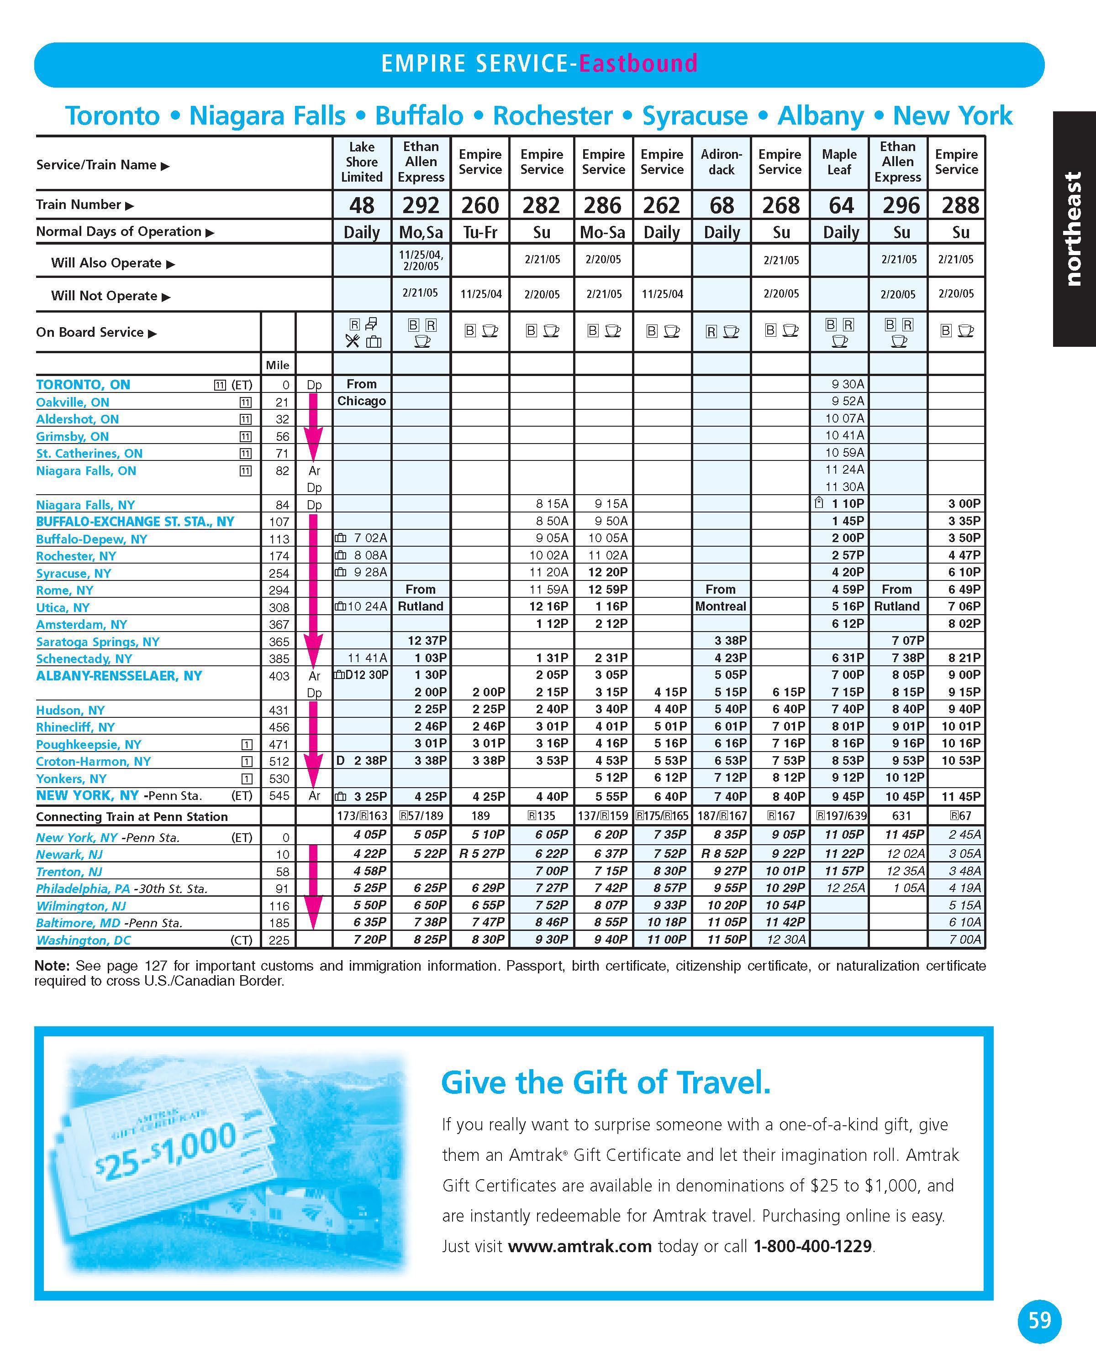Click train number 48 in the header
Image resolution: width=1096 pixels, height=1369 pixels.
362,205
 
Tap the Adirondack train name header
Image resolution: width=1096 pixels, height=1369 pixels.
721,162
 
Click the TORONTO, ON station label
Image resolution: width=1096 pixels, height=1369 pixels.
83,384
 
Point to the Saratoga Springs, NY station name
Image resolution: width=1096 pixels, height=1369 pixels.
98,641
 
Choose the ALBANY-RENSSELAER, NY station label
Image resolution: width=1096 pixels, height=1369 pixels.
119,676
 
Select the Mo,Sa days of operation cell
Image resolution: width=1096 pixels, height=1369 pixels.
421,232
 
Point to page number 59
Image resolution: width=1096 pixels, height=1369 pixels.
1039,1321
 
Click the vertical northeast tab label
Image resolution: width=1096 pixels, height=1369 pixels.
1073,229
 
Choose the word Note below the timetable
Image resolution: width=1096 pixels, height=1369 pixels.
52,966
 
